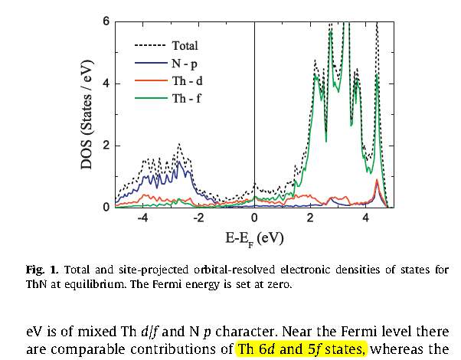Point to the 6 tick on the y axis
(106, 21)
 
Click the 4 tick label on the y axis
(106, 83)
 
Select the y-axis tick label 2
(106, 146)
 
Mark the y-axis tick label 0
(106, 208)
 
